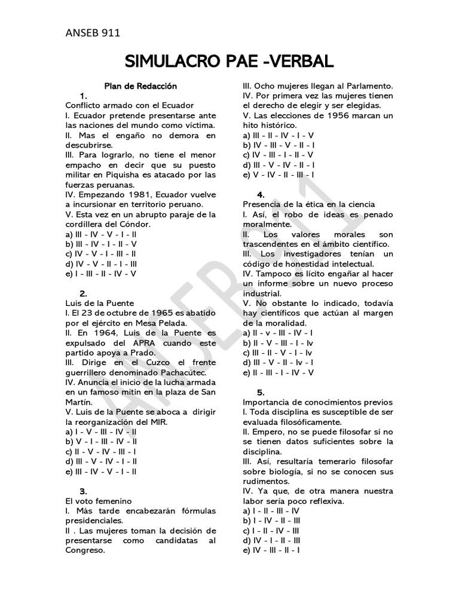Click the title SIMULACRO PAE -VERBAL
pyautogui.click(x=229, y=62)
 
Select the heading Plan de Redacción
pyautogui.click(x=141, y=86)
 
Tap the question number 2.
pyautogui.click(x=84, y=293)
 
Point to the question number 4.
pyautogui.click(x=261, y=195)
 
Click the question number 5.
pyautogui.click(x=261, y=393)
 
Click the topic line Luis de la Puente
pyautogui.click(x=99, y=303)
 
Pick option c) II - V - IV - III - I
pyautogui.click(x=100, y=451)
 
